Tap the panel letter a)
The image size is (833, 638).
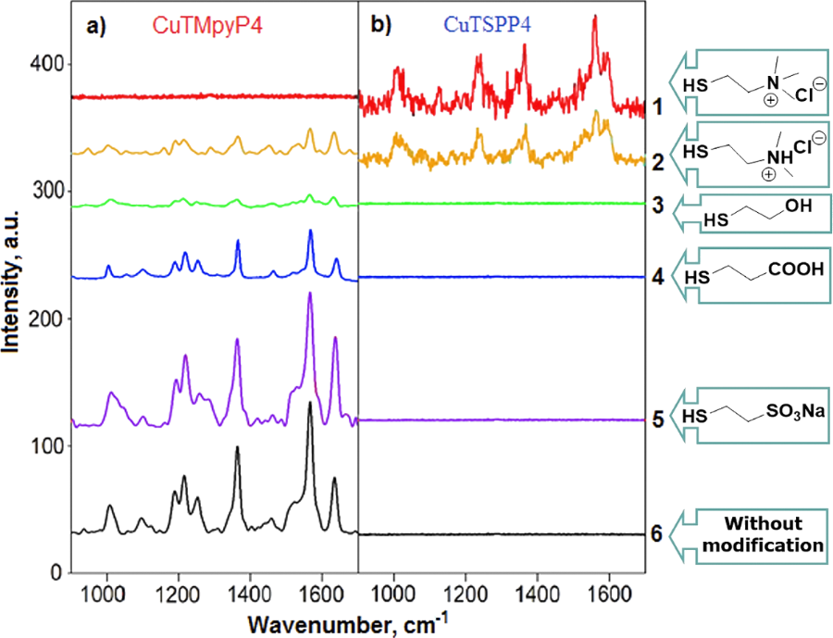pyautogui.click(x=97, y=27)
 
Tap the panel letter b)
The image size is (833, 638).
pyautogui.click(x=382, y=27)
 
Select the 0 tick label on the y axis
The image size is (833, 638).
pyautogui.click(x=57, y=573)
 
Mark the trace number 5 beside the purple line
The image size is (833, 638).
pyautogui.click(x=656, y=419)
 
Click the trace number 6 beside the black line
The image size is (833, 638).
pyautogui.click(x=656, y=534)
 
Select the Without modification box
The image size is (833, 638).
pyautogui.click(x=761, y=534)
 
